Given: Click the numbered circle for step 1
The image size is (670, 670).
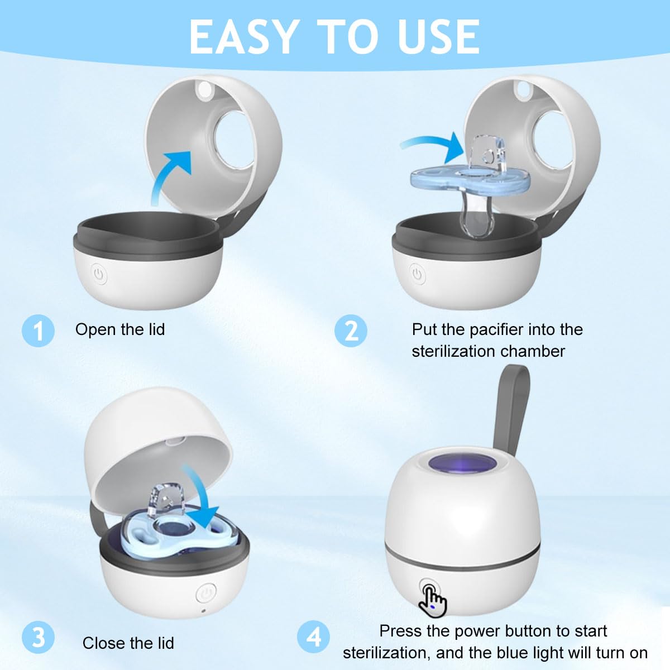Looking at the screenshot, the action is click(38, 331).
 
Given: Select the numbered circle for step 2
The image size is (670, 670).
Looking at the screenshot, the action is click(351, 331).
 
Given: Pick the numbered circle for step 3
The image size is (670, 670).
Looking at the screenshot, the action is click(38, 637).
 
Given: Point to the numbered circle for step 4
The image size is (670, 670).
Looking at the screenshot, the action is click(313, 637).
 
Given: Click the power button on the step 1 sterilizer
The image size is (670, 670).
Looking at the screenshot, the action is click(99, 274).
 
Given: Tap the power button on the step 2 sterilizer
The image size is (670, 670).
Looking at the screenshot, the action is click(417, 274).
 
